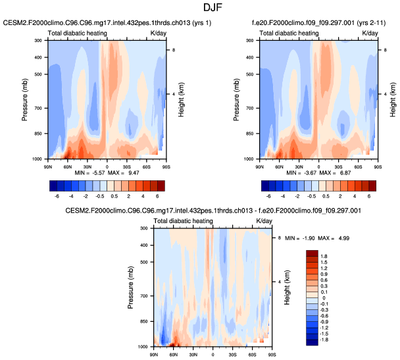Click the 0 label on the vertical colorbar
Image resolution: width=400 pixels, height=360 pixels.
(x=323, y=297)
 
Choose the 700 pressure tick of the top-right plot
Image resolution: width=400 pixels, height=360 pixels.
(x=251, y=107)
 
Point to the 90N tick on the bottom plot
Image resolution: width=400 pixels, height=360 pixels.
(x=154, y=354)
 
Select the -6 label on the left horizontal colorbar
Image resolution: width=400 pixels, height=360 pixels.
(x=57, y=196)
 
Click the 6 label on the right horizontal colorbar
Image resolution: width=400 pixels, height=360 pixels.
(x=369, y=196)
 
